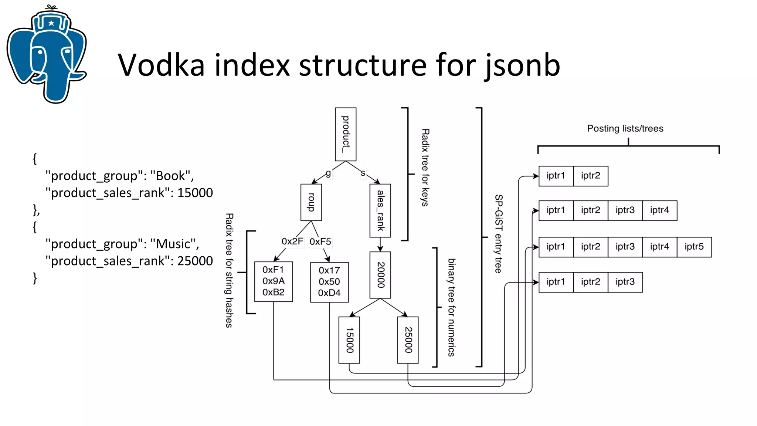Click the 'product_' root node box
coord(346,134)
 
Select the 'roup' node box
coord(311,202)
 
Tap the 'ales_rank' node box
coord(380,210)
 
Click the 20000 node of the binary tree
coord(380,275)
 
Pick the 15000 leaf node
coord(349,340)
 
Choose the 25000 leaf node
coord(408,340)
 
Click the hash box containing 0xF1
coord(274,281)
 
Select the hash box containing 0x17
coord(329,282)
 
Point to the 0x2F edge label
coord(292,241)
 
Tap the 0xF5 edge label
coord(320,242)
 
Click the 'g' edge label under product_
coord(328,173)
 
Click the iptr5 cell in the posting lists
coord(694,247)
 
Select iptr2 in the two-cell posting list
coord(590,176)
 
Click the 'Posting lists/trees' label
coord(625,129)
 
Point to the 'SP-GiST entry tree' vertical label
coord(499,234)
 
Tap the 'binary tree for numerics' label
coord(451,307)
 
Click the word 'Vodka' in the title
coord(161,65)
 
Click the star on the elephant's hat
coord(51,23)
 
